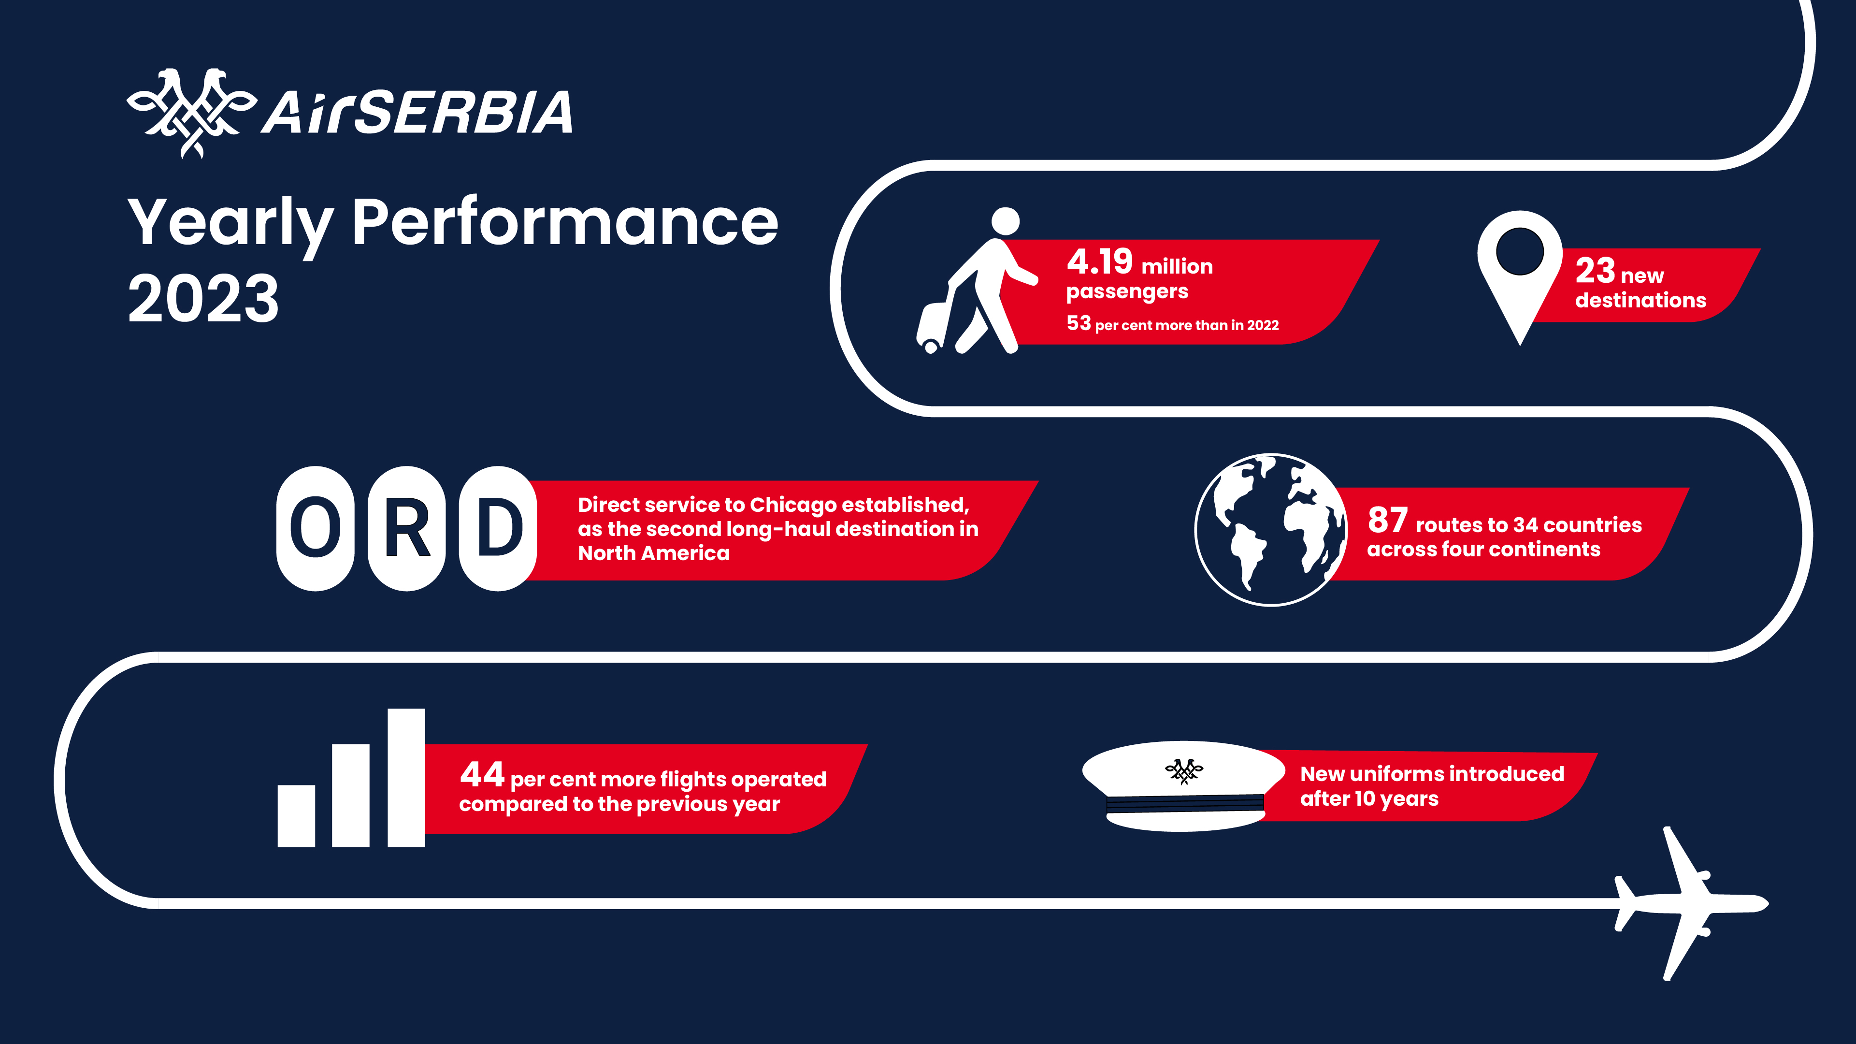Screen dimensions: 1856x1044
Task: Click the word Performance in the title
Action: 565,223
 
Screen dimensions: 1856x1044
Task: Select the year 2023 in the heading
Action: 203,298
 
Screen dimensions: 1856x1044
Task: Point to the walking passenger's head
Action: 1005,221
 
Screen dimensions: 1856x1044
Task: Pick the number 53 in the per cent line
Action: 1079,323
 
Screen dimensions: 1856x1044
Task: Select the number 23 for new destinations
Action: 1595,271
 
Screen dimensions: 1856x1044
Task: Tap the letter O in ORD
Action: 316,528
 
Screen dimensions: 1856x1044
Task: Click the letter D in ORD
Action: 499,528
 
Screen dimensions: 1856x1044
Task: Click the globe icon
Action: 1271,530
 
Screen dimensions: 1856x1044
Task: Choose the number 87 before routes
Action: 1388,520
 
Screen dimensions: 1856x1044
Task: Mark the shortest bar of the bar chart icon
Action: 296,815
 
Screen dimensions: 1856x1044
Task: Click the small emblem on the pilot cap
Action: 1184,771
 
